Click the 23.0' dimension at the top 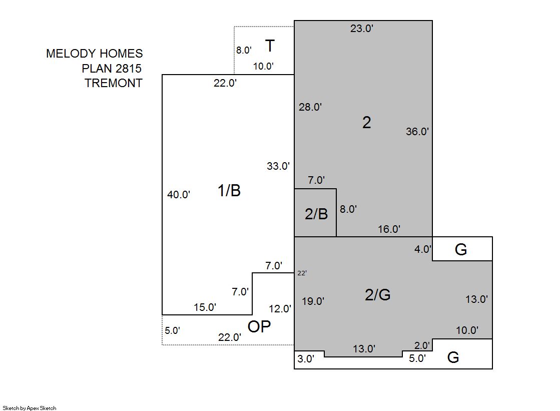(x=362, y=28)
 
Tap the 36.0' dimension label (x=417, y=132)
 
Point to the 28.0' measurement (x=310, y=107)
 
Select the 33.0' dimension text (x=278, y=166)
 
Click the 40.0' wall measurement (x=179, y=194)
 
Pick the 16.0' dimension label (x=389, y=229)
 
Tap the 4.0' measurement (x=423, y=249)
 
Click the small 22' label (x=302, y=273)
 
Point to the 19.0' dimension (x=313, y=301)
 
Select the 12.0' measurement (x=280, y=309)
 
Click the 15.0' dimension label (x=205, y=307)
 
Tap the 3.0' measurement (x=306, y=358)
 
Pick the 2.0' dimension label (x=422, y=345)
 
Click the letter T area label (x=270, y=46)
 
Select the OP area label (x=259, y=326)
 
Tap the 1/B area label (x=229, y=190)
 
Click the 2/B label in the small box (x=316, y=214)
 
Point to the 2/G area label (x=378, y=294)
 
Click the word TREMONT (x=114, y=83)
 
